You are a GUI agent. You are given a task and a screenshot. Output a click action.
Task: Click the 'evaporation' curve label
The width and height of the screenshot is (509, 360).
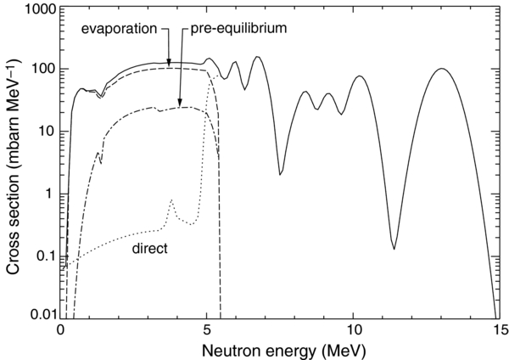tap(118, 28)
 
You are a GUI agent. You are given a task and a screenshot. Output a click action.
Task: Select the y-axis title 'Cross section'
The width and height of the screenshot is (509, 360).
tap(13, 161)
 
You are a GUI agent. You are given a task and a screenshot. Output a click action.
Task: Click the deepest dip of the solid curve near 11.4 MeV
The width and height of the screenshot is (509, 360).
tap(394, 248)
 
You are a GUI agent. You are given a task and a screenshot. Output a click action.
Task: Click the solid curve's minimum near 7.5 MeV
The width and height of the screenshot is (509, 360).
tap(280, 175)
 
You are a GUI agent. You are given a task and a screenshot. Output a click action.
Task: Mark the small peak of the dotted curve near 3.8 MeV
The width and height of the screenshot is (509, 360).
tap(171, 200)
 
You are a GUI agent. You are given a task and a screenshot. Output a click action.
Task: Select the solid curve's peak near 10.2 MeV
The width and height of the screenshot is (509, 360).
tap(360, 76)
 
